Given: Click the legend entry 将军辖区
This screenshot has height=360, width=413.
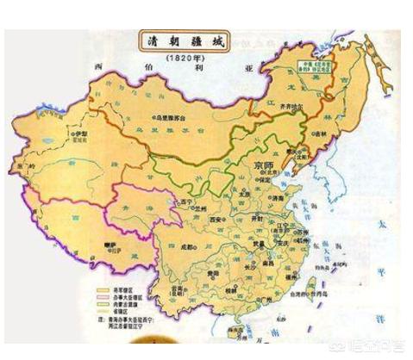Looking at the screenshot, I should coord(121,289).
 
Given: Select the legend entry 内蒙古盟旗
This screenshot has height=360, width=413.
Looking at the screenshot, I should coord(121,304).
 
